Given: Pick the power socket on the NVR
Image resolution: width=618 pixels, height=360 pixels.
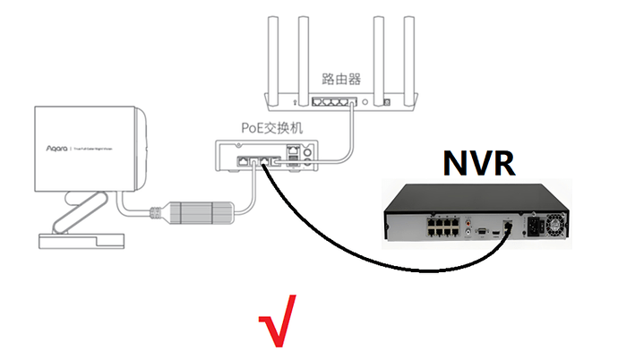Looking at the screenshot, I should point(541,226).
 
